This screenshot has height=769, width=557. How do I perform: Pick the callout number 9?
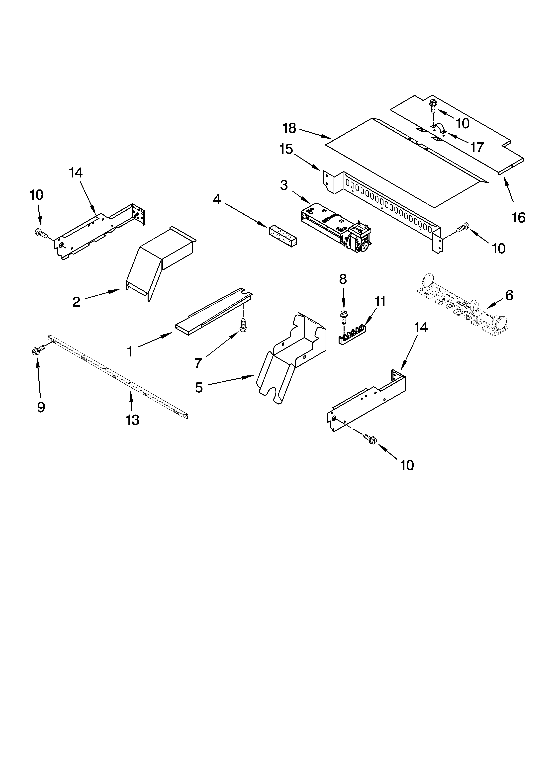(x=41, y=407)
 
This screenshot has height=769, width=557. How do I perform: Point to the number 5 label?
(x=199, y=387)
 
